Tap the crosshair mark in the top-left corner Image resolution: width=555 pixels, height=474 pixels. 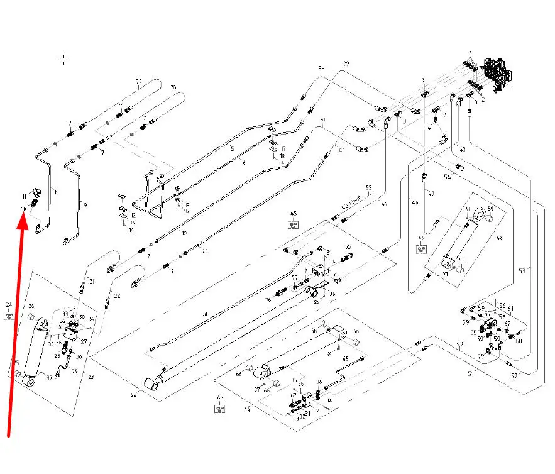63,60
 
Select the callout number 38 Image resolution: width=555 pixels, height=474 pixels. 321,69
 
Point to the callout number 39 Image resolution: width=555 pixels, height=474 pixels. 346,64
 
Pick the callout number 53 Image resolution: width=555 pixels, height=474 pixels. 522,271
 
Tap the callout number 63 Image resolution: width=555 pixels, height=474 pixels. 459,343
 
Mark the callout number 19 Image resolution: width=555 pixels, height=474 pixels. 184,233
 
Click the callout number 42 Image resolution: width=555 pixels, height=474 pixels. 384,204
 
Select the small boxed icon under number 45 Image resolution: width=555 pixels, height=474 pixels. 293,224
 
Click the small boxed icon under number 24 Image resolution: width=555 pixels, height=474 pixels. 9,315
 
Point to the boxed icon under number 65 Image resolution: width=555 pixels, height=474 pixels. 220,409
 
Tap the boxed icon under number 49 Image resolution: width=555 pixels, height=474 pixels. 421,249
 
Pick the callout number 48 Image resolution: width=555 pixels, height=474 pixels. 500,238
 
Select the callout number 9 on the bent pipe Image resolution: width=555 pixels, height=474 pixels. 85,205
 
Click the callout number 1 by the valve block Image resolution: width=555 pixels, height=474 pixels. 511,89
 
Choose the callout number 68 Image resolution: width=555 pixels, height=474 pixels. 345,358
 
